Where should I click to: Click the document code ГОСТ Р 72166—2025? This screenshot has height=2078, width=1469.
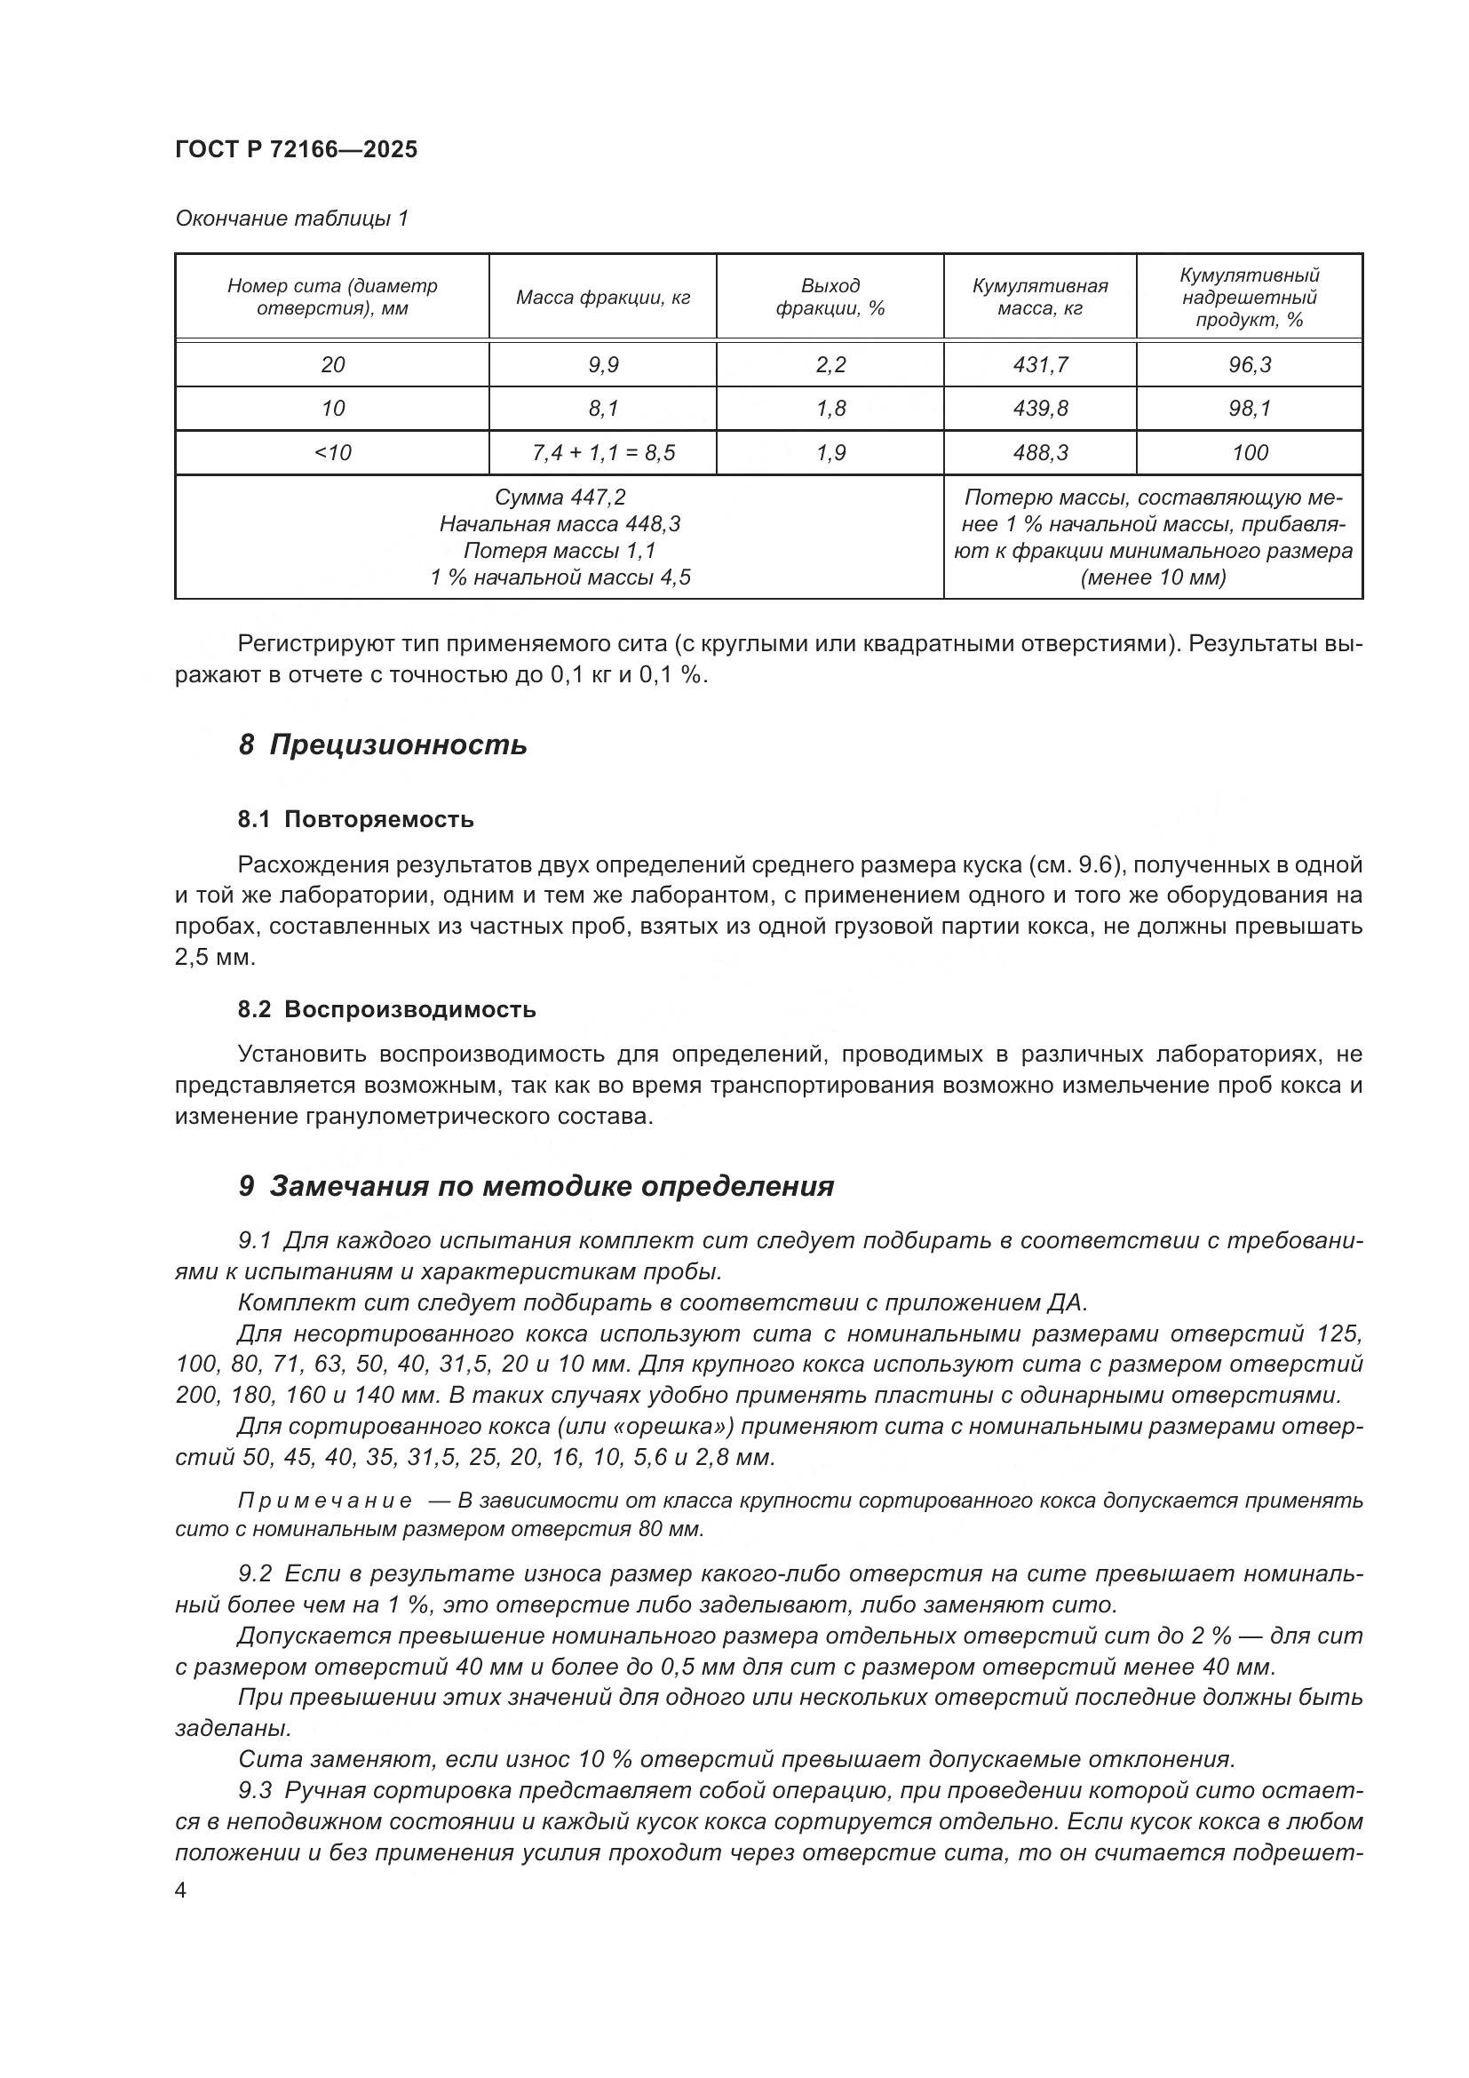tap(296, 150)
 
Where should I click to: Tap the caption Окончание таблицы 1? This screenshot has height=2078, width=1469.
tap(291, 219)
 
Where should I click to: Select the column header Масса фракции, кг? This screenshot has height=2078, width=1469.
tap(602, 298)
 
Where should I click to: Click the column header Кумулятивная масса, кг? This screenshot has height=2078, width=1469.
tap(1039, 297)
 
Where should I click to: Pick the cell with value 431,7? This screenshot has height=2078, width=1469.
tap(1040, 365)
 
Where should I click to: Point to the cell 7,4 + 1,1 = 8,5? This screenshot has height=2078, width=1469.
tap(602, 452)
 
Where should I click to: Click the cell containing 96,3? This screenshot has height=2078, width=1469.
tap(1250, 365)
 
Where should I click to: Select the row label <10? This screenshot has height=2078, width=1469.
tap(332, 452)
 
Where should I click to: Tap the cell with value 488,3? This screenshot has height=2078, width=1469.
tap(1040, 452)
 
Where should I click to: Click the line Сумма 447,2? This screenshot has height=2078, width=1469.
tap(560, 497)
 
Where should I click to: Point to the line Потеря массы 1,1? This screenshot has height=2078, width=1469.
tap(560, 550)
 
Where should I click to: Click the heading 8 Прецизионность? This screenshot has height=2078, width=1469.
tap(383, 744)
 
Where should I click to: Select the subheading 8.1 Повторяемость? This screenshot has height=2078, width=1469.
tap(355, 820)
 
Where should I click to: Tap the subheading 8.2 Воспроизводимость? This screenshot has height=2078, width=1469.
tap(386, 1009)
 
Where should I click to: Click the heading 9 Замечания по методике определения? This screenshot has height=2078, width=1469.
tap(536, 1186)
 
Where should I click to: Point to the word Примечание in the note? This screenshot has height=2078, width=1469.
tap(325, 1501)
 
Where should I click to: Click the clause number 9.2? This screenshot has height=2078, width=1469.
tap(255, 1574)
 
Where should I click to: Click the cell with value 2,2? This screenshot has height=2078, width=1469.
tap(830, 365)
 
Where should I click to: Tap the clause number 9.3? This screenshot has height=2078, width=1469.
tap(255, 1790)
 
